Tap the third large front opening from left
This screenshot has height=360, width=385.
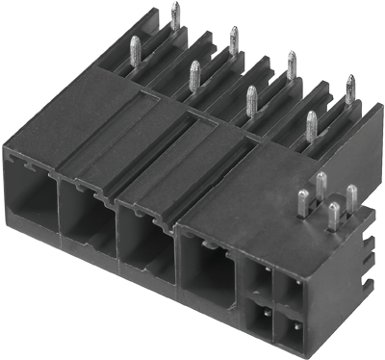[x=144, y=236]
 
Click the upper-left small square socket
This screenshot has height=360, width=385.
[x=260, y=280]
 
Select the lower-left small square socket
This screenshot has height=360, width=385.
[x=260, y=318]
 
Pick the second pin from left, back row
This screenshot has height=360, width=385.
[x=233, y=40]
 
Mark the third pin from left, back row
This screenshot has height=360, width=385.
[x=291, y=64]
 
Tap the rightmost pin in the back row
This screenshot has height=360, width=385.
[x=349, y=89]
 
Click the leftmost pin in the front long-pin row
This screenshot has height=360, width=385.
[x=135, y=49]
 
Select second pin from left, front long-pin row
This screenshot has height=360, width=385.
[x=193, y=74]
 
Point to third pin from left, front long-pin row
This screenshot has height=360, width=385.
[x=252, y=99]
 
